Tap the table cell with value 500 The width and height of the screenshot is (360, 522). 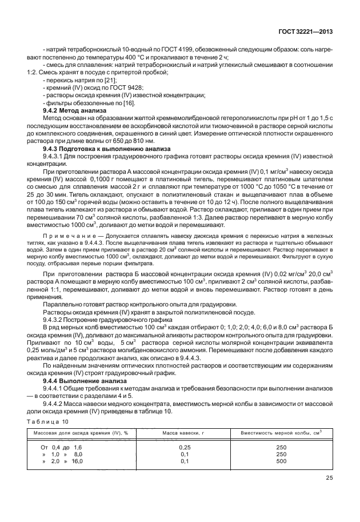(x=281, y=461)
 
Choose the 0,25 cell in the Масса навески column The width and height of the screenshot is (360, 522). (x=184, y=447)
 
